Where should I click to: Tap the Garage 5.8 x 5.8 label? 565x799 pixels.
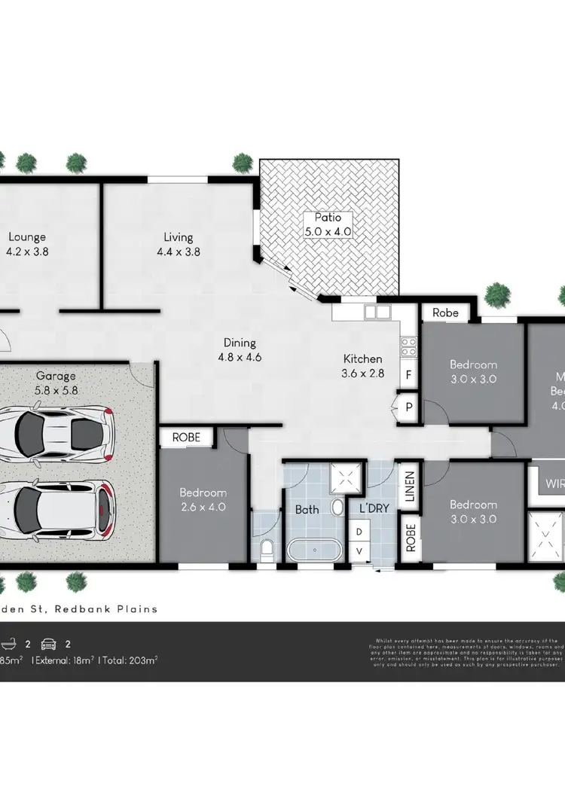[x=56, y=383]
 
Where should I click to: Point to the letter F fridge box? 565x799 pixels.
[x=409, y=374]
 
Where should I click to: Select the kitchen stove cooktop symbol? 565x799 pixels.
[x=409, y=346]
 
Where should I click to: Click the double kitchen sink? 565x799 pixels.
[x=377, y=312]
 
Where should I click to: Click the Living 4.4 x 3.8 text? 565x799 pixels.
[x=179, y=245]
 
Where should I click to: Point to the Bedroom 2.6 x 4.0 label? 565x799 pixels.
[x=202, y=500]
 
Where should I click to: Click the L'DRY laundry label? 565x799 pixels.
[x=374, y=508]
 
